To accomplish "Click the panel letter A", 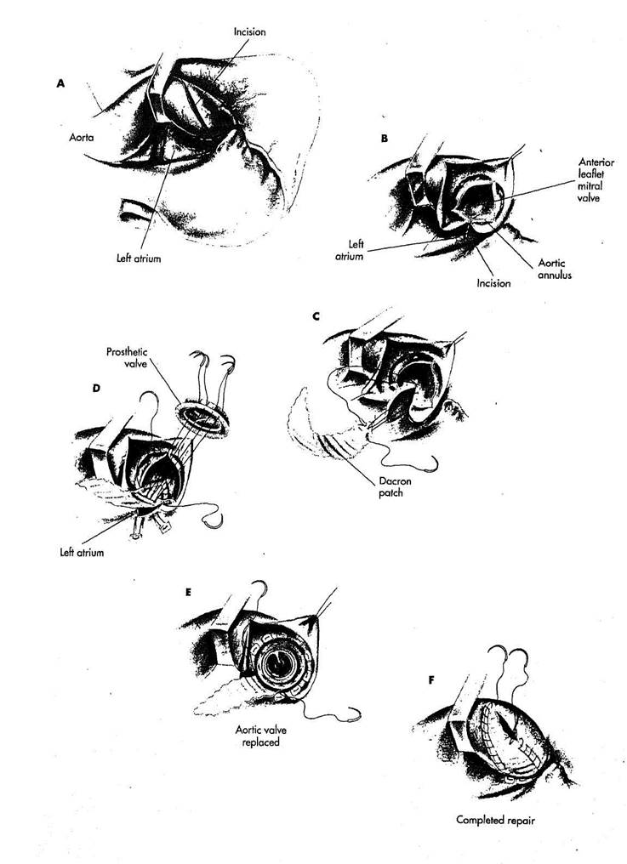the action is pyautogui.click(x=60, y=83).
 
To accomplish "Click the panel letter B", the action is pyautogui.click(x=385, y=139).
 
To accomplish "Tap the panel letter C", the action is pyautogui.click(x=316, y=316).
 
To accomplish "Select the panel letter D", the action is pyautogui.click(x=96, y=388).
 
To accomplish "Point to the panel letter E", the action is pyautogui.click(x=189, y=593).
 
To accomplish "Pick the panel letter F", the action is pyautogui.click(x=431, y=680).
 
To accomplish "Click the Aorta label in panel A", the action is pyautogui.click(x=81, y=137).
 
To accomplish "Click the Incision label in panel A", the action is pyautogui.click(x=249, y=32).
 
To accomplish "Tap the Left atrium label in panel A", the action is pyautogui.click(x=139, y=258).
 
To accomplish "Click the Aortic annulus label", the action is pyautogui.click(x=554, y=269).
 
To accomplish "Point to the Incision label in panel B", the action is pyautogui.click(x=493, y=282).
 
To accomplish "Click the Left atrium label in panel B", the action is pyautogui.click(x=350, y=250).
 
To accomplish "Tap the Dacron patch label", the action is pyautogui.click(x=394, y=487).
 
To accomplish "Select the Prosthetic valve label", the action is pyautogui.click(x=127, y=357).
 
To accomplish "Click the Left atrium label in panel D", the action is pyautogui.click(x=82, y=552).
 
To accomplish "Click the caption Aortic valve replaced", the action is pyautogui.click(x=261, y=736).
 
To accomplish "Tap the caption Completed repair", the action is pyautogui.click(x=495, y=820).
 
